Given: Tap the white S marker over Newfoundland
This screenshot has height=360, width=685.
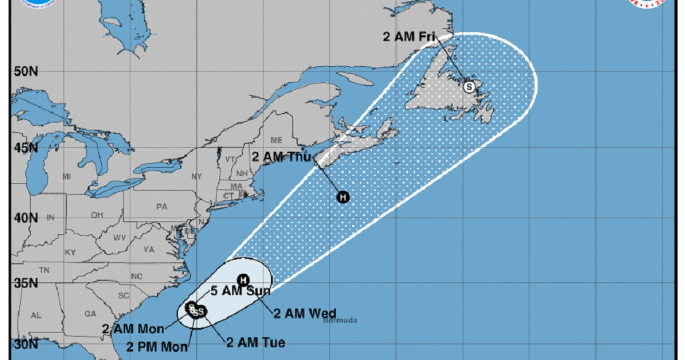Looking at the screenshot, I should click(469, 87).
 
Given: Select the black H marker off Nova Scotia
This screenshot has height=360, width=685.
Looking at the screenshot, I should click(343, 197).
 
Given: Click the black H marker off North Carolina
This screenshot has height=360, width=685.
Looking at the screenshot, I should click(243, 279).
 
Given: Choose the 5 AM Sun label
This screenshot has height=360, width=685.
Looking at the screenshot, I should click(240, 291).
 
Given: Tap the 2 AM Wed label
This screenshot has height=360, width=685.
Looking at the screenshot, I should click(305, 313).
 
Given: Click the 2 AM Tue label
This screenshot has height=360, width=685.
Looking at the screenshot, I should click(255, 343).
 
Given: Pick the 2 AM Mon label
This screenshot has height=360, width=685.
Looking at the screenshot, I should click(133, 329).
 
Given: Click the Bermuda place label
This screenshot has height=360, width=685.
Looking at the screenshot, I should click(340, 320).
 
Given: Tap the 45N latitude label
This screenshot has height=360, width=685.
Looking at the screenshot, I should click(26, 148).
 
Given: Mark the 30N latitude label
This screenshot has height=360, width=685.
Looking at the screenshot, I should click(26, 345).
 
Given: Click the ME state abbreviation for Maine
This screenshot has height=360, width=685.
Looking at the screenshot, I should click(277, 141).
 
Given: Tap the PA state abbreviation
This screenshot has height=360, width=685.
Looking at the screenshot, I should click(162, 207).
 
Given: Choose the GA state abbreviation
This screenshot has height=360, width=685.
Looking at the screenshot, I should click(90, 314).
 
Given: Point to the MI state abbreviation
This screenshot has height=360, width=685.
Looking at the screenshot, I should click(66, 177).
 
